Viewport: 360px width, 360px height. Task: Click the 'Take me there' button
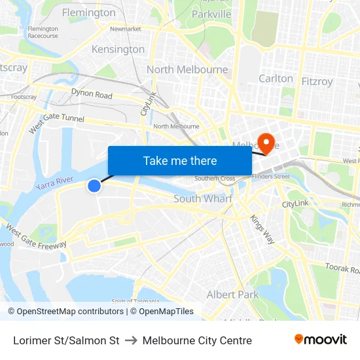point(180,160)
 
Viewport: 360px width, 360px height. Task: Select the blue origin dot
point(94,186)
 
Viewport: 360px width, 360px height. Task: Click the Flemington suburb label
point(88,12)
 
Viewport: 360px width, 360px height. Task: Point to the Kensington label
point(118,49)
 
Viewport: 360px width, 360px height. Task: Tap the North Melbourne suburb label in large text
point(187,69)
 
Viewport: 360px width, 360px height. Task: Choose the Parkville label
point(211,14)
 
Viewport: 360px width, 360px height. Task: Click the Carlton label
point(276,78)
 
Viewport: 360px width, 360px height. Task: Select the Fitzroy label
point(317,82)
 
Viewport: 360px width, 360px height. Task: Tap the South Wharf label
point(203,198)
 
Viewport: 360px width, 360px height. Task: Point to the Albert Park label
point(232,295)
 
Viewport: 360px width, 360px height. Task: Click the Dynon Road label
point(92,94)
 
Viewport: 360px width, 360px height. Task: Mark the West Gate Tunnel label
point(56,123)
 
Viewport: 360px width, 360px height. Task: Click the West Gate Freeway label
point(37,236)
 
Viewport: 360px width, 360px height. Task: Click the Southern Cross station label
point(215,178)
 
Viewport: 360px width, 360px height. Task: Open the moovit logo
point(320,340)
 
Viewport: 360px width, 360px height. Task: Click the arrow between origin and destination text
point(131,340)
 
